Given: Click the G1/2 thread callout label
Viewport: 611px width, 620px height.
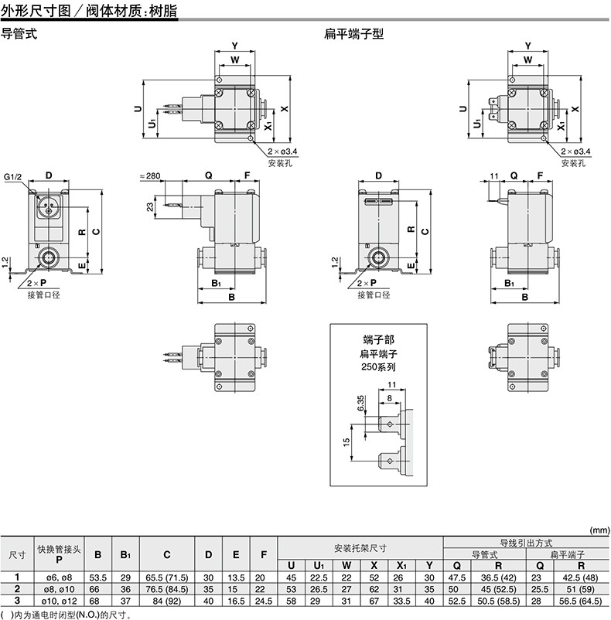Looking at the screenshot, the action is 13,177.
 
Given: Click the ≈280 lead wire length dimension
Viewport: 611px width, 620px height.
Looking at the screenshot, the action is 150,175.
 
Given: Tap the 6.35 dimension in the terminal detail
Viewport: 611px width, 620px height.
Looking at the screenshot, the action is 360,403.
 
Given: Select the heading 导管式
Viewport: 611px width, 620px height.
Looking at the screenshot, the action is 19,33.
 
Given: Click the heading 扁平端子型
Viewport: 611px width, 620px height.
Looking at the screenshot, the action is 353,33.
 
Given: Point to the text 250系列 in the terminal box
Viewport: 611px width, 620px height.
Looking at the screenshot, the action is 378,367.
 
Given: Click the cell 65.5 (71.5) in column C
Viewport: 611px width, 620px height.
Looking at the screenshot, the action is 167,577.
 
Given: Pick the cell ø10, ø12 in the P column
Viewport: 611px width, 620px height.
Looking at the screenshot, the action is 59,601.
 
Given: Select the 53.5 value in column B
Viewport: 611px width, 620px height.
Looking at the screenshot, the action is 97,577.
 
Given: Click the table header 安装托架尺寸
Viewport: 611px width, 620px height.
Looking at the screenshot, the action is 360,548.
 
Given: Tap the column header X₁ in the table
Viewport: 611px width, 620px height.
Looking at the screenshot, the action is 401,566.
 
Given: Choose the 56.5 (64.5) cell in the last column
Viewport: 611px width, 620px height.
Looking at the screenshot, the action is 580,601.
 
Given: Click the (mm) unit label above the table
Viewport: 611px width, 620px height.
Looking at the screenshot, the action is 600,530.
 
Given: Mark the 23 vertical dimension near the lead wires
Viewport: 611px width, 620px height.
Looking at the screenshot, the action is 150,207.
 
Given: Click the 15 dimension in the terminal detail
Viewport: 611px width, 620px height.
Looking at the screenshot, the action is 346,442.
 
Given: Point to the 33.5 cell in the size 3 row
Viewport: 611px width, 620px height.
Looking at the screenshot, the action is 401,601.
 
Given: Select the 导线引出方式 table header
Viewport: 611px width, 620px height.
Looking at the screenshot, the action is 526,543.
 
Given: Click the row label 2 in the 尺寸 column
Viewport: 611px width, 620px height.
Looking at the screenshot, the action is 17,589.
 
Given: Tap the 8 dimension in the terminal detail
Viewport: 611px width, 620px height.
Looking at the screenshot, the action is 390,398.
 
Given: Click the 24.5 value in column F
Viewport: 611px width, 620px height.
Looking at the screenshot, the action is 264,601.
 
